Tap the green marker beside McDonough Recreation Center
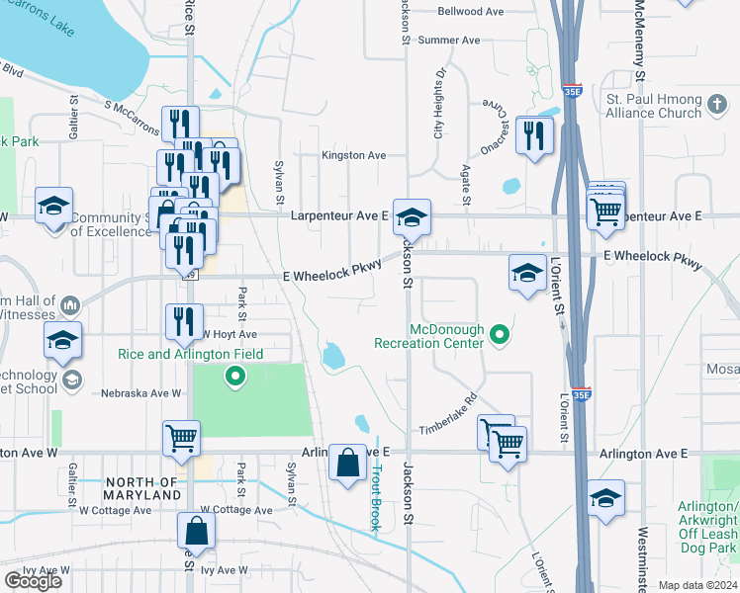(499, 336)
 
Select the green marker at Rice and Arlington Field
(234, 375)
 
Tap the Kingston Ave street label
(353, 156)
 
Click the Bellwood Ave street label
(472, 12)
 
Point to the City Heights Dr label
(437, 105)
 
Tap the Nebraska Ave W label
(140, 392)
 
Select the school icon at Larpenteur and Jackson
(412, 215)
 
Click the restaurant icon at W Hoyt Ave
(182, 319)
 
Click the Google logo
(34, 581)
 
